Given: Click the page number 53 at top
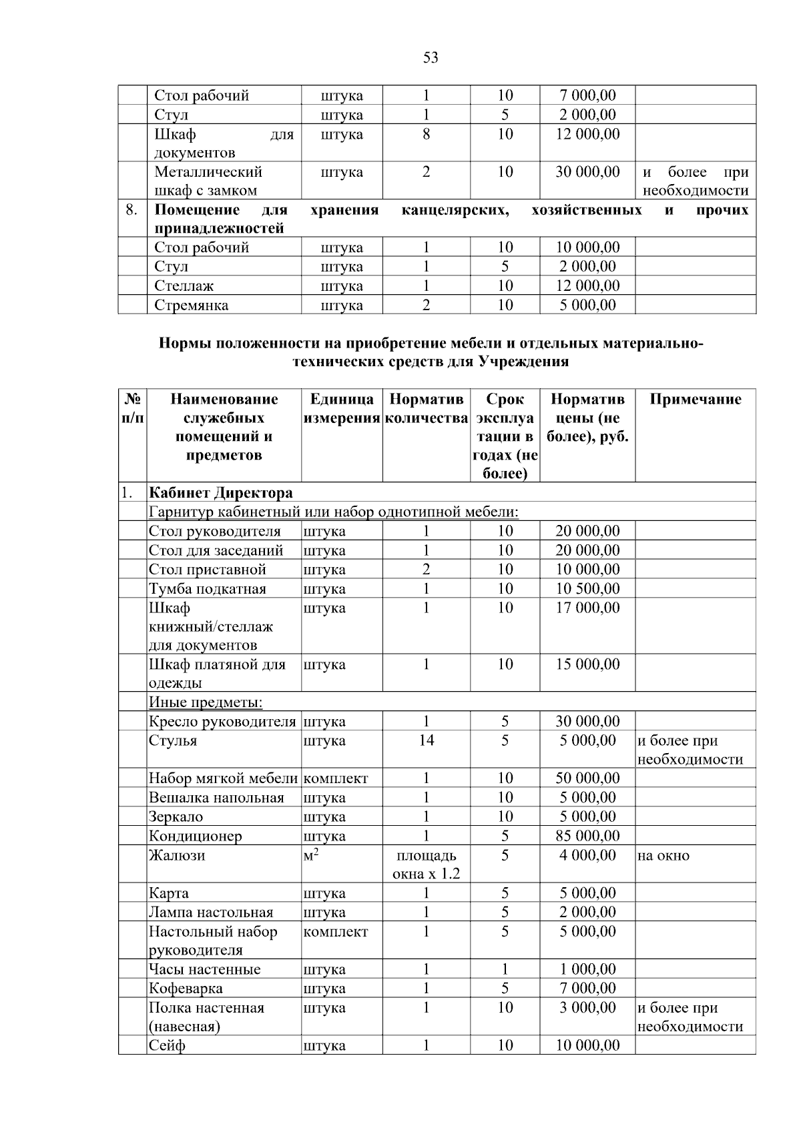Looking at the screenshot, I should pyautogui.click(x=431, y=58).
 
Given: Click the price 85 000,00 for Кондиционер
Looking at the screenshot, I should pyautogui.click(x=587, y=836).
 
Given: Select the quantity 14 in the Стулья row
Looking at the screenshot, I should pyautogui.click(x=426, y=740).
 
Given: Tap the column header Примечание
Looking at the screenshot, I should pyautogui.click(x=695, y=400).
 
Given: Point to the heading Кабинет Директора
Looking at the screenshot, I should pyautogui.click(x=221, y=493).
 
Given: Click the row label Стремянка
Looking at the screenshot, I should pyautogui.click(x=192, y=306).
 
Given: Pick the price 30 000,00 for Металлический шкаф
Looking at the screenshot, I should pyautogui.click(x=587, y=172).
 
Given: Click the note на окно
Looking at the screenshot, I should pyautogui.click(x=663, y=855).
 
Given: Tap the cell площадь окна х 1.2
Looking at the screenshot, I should pyautogui.click(x=426, y=865).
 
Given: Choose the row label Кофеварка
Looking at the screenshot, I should pyautogui.click(x=186, y=989).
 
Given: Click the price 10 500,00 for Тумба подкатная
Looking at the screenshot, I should pyautogui.click(x=587, y=589).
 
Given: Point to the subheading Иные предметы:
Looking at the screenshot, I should pyautogui.click(x=206, y=702).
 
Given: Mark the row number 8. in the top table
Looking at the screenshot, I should pyautogui.click(x=132, y=211).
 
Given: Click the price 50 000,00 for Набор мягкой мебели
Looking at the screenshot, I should pyautogui.click(x=587, y=778).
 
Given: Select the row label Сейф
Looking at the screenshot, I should pyautogui.click(x=167, y=1045).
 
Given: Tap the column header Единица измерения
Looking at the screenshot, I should pyautogui.click(x=342, y=409).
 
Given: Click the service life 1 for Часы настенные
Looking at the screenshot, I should pyautogui.click(x=505, y=969).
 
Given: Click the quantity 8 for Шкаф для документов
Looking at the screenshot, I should pyautogui.click(x=426, y=134).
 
